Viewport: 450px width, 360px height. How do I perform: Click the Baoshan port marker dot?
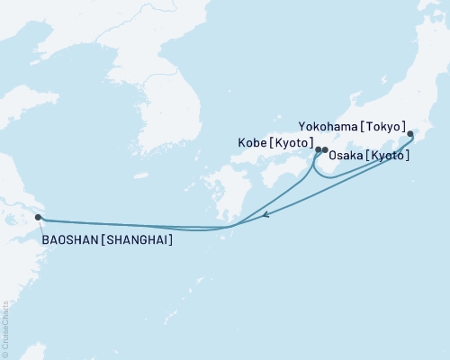point(37,217)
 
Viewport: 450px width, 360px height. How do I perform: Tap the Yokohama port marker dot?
point(411,135)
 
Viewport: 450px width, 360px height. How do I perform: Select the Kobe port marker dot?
point(318,149)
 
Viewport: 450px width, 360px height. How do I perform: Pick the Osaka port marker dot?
point(325,149)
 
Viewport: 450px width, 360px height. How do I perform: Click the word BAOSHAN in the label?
point(69,241)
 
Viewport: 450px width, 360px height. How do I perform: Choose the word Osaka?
point(347,156)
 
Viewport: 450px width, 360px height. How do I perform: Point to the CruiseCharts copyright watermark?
point(6,324)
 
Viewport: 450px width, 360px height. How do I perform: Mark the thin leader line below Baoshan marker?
point(38,227)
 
